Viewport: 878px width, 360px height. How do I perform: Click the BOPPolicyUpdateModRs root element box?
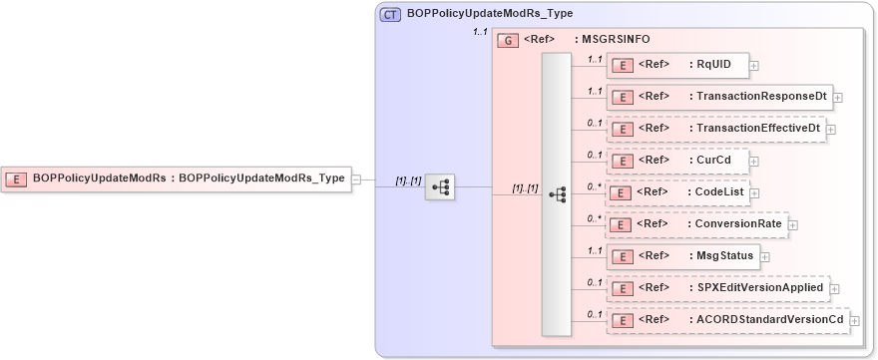[x=176, y=180]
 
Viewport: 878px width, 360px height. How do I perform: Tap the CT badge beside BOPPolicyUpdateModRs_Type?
[x=390, y=15]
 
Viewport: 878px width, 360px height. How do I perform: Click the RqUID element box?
[x=676, y=66]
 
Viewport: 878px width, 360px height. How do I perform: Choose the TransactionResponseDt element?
[x=718, y=97]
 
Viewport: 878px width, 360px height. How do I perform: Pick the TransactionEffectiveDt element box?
[x=715, y=129]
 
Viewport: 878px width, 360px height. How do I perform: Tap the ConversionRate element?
[x=696, y=224]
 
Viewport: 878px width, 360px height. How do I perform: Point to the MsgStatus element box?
[x=682, y=256]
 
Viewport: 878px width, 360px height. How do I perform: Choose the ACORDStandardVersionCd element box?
[x=727, y=320]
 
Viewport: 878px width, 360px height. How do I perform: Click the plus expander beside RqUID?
[x=754, y=66]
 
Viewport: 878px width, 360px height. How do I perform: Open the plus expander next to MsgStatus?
[x=764, y=256]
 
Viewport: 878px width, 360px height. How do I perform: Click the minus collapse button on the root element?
[x=356, y=180]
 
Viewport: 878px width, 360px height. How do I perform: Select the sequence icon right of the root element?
[x=439, y=186]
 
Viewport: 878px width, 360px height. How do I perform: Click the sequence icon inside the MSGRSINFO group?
[x=557, y=194]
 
